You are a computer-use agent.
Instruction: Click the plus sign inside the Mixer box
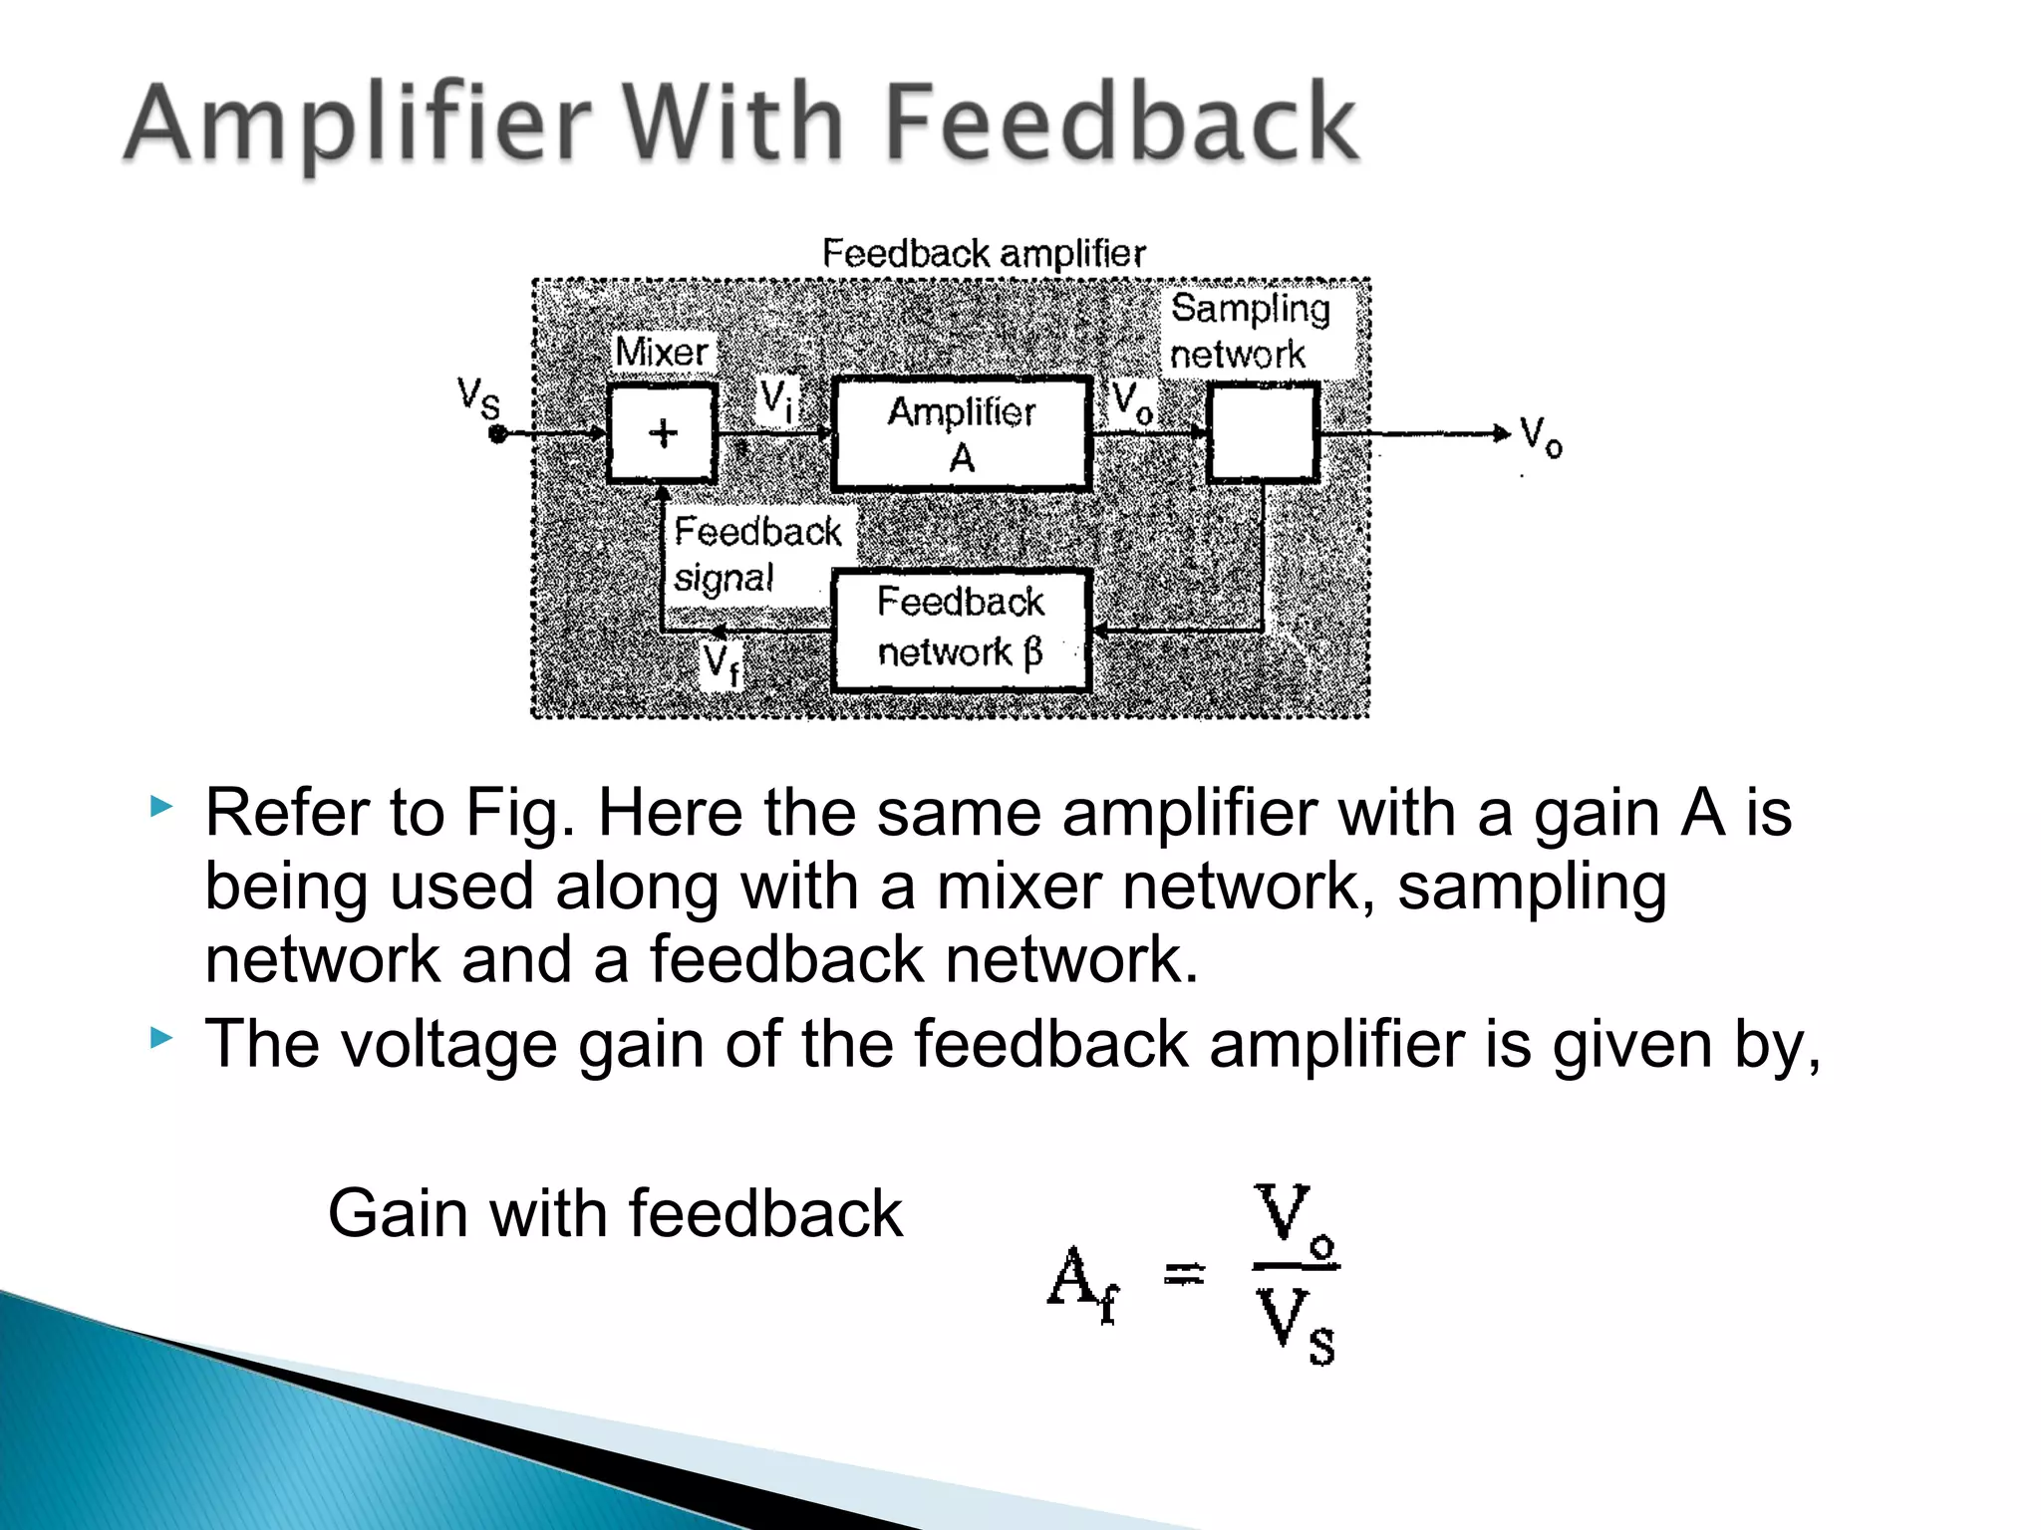tap(663, 433)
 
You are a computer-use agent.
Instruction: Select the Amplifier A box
tap(962, 434)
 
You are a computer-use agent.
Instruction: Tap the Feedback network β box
tap(962, 629)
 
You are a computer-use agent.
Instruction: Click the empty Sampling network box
tap(1263, 433)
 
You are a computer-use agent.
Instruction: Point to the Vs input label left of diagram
tap(478, 397)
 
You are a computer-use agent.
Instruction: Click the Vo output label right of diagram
tap(1541, 436)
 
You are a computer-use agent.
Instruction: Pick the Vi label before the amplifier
tap(777, 399)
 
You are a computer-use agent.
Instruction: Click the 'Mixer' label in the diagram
tap(662, 352)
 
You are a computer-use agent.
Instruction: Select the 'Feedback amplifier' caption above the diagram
tap(984, 253)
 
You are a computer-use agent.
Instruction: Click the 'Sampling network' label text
tap(1250, 331)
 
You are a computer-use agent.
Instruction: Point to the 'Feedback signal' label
tap(756, 554)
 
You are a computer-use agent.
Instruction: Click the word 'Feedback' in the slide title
tap(1121, 124)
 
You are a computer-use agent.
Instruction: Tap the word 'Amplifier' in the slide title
tap(359, 126)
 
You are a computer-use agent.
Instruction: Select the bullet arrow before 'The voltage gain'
tap(161, 1039)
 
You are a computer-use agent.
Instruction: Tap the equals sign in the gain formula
tap(1185, 1273)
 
